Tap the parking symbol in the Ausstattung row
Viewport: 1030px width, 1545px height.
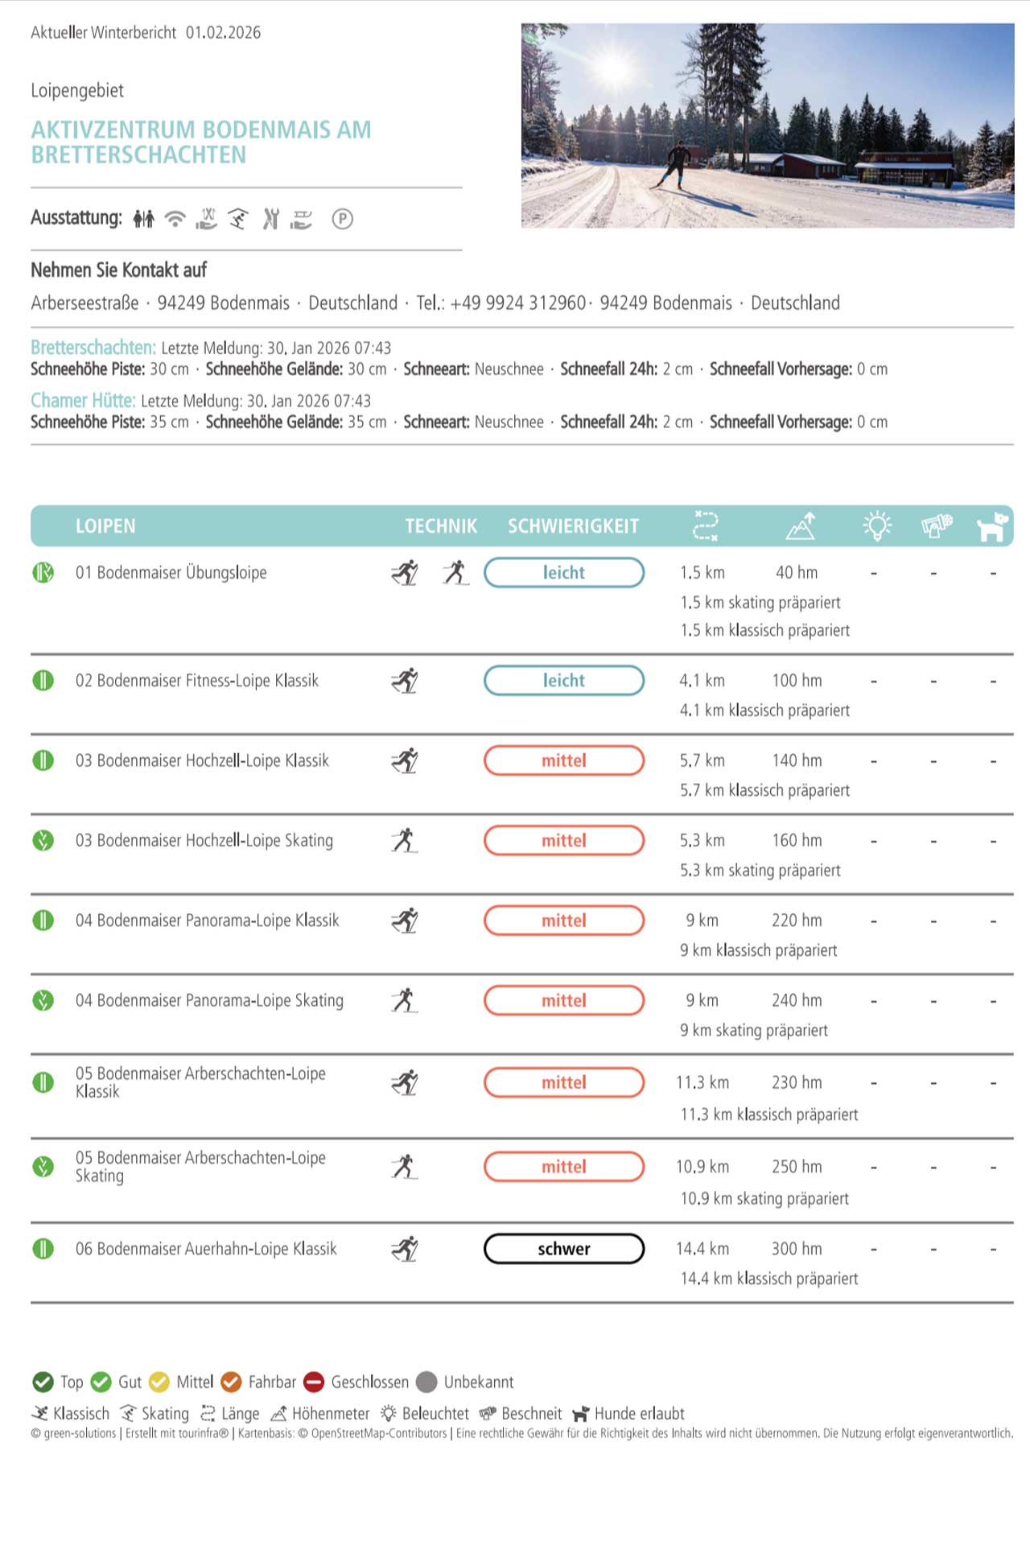point(342,219)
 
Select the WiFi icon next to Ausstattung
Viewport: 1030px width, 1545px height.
point(175,218)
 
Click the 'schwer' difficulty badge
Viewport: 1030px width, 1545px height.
point(563,1249)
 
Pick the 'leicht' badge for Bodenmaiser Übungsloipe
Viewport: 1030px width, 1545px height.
point(563,573)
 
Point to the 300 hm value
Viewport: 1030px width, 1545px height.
point(797,1249)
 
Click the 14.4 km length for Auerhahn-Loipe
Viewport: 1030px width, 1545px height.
point(702,1249)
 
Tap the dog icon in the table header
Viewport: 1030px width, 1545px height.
point(992,526)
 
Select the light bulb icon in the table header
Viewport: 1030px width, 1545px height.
point(877,526)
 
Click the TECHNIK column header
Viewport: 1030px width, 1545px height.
point(441,526)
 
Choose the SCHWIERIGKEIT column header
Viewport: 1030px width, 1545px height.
point(573,526)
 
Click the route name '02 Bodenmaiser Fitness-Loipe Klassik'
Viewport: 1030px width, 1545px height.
point(197,681)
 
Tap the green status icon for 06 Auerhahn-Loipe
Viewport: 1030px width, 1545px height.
point(43,1249)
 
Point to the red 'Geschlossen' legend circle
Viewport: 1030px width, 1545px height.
point(314,1382)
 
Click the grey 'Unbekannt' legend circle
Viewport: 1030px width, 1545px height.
point(427,1382)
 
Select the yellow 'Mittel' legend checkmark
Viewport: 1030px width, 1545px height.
point(159,1382)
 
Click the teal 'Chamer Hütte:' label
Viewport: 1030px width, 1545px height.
point(83,401)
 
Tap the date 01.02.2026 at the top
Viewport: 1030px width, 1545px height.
point(223,33)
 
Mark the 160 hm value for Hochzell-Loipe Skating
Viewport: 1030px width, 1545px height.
point(797,841)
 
